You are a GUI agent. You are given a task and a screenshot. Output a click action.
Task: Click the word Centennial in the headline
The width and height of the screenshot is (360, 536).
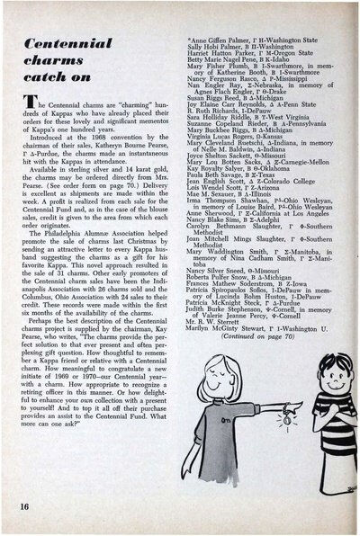point(77,42)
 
